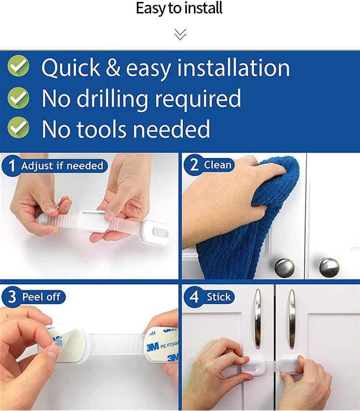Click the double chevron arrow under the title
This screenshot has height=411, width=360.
pos(180,35)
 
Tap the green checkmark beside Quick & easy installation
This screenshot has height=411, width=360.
pos(18,66)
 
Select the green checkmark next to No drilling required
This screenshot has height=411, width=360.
pos(18,97)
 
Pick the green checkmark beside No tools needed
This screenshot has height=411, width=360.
pos(18,127)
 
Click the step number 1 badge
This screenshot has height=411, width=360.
pos(12,166)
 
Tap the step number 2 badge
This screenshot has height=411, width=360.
pos(193,164)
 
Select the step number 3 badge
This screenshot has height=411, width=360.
pos(12,297)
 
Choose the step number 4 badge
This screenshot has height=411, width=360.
pos(194,297)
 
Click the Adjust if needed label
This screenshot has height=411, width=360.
pos(62,166)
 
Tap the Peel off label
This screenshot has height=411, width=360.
pos(41,297)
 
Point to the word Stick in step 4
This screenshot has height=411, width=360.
pos(219,297)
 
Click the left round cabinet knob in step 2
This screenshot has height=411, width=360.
pos(285,267)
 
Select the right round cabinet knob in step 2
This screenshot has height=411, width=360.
pos(329,267)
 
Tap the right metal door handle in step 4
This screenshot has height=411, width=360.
pos(292,319)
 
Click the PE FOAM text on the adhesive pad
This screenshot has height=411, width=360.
pos(169,345)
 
